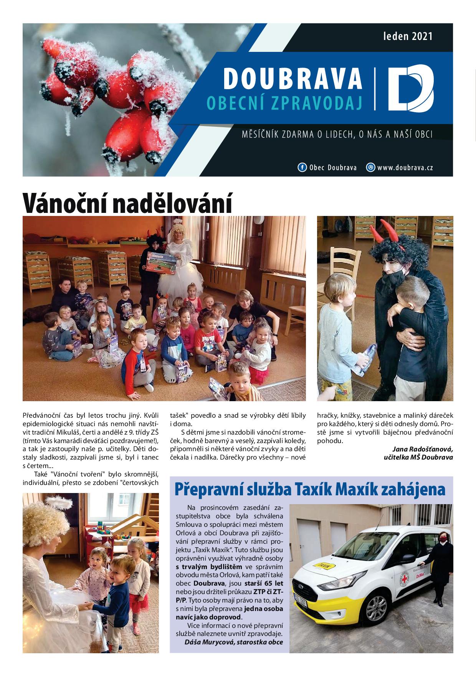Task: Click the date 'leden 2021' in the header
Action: tap(408, 37)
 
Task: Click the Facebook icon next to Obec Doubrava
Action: tap(302, 168)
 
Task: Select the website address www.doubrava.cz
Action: tap(405, 168)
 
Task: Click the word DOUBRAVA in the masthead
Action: tap(293, 78)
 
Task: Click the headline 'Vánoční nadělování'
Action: tap(127, 203)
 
